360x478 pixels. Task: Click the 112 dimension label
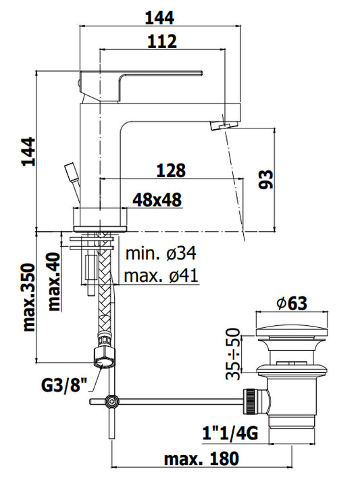coord(162,41)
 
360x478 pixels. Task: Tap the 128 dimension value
coord(171,170)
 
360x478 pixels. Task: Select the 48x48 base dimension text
coord(157,199)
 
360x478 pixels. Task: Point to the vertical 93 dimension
coord(266,180)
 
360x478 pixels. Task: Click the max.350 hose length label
coord(29,297)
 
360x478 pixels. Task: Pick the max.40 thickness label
coord(54,281)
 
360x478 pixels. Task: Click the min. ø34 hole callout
coord(161,254)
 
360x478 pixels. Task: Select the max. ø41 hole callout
coord(161,276)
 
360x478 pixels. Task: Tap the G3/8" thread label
coord(64,385)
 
